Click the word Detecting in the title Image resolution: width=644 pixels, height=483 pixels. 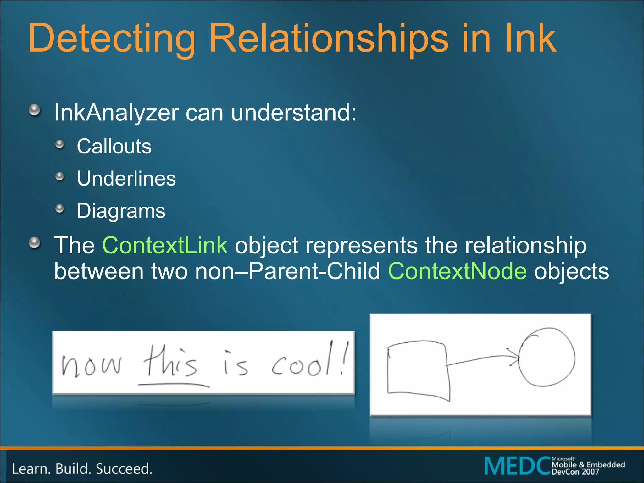click(112, 38)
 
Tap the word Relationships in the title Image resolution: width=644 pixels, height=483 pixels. click(329, 38)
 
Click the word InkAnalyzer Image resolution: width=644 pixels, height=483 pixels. click(116, 113)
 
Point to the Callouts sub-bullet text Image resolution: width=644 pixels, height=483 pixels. click(114, 146)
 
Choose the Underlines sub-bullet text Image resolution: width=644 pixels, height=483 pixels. click(126, 179)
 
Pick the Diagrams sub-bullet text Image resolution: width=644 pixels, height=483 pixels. click(121, 211)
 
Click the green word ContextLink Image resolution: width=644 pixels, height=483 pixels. click(165, 245)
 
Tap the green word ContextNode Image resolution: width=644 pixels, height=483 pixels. click(457, 271)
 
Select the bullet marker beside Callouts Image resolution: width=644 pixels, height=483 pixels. click(59, 145)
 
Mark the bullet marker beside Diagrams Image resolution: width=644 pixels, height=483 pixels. click(59, 209)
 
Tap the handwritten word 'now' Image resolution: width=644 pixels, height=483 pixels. click(91, 366)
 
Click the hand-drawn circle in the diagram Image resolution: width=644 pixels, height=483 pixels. click(547, 357)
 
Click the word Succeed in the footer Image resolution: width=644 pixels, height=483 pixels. click(124, 469)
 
